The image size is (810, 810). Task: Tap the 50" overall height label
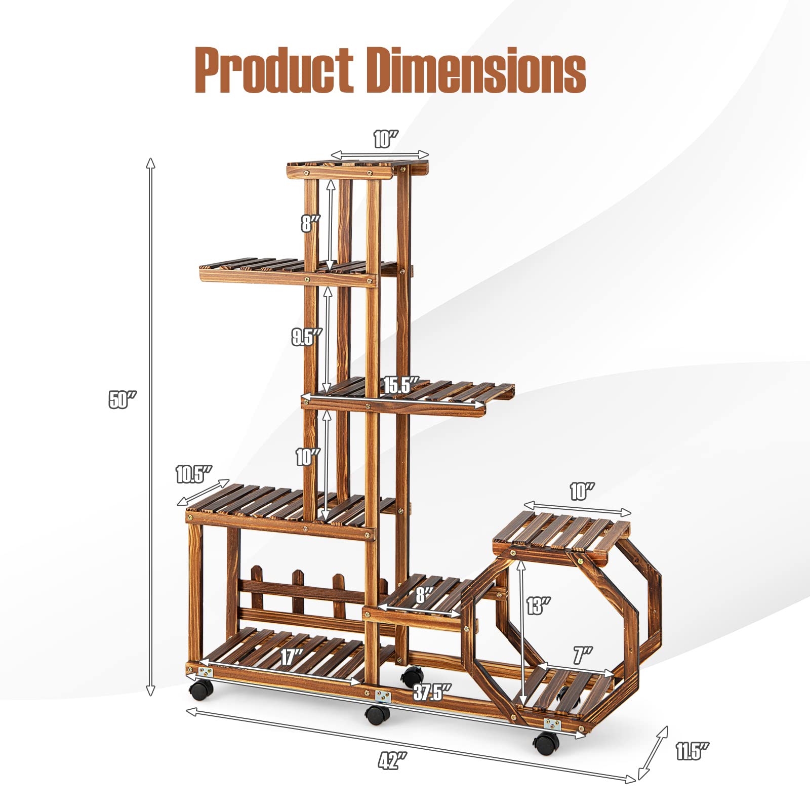[x=122, y=400]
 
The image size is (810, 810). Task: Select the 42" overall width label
[x=392, y=760]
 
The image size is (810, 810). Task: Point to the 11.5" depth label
[x=692, y=751]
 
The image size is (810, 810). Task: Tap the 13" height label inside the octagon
[x=538, y=605]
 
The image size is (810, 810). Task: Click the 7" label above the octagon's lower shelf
[x=582, y=656]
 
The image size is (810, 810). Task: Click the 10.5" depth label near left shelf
[x=193, y=474]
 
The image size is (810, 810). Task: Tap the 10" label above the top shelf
[x=386, y=139]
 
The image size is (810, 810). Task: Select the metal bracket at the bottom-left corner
[x=205, y=672]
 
